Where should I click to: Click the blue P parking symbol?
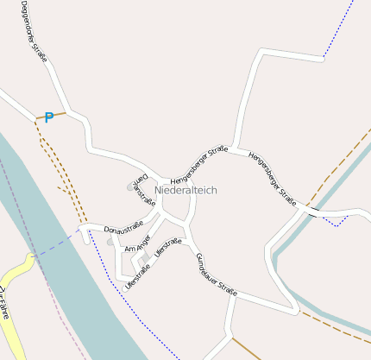pos(49,117)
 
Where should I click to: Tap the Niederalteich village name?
pos(186,189)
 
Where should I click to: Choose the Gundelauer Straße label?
pos(216,271)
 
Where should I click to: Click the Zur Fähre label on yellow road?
pos(5,302)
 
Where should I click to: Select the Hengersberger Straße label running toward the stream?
pos(272,179)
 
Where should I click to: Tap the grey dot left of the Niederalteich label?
pos(131,186)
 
